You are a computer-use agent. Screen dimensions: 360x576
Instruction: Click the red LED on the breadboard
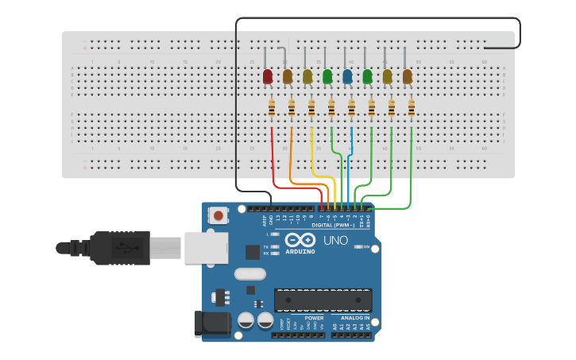coord(268,76)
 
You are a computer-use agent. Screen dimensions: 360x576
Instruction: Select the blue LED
coord(347,76)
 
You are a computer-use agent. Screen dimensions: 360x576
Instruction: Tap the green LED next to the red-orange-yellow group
coord(327,76)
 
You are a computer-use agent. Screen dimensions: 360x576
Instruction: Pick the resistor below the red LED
coord(272,108)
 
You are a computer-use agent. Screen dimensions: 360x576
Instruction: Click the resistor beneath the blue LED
coord(351,108)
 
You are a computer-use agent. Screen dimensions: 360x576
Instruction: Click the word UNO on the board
coord(335,240)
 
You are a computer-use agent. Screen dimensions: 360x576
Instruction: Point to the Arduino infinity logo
coord(300,240)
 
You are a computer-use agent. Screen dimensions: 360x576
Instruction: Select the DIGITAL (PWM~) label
coord(333,225)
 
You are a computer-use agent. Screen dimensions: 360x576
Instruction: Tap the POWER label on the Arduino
coord(314,318)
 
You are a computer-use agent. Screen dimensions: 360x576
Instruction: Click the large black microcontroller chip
coord(323,300)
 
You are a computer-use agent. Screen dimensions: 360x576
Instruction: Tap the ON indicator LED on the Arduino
coord(357,247)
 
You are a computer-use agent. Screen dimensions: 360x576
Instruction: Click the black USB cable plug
coord(119,248)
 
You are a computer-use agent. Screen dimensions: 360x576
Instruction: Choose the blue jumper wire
coord(351,159)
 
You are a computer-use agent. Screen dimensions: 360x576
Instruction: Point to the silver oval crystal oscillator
coord(249,274)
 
